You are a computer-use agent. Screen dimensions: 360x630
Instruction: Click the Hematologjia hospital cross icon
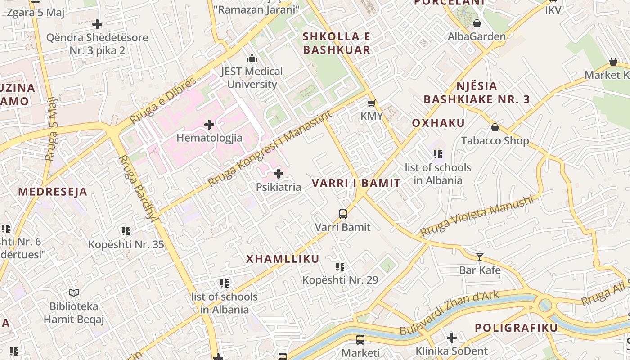click(209, 124)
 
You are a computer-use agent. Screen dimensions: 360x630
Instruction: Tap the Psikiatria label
click(279, 187)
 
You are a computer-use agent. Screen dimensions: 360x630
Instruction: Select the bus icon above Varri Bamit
click(343, 214)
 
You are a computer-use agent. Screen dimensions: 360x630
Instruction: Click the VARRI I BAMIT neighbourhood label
click(356, 183)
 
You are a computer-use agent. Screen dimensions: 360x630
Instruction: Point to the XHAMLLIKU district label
click(283, 259)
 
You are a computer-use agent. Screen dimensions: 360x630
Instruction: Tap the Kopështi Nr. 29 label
click(340, 280)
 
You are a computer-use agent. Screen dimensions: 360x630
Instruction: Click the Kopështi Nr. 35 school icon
click(126, 231)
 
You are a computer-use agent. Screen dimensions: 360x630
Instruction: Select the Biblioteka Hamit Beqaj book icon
click(74, 293)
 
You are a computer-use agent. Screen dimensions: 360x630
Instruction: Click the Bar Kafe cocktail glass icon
click(480, 257)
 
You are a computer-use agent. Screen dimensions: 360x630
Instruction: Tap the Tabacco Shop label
click(495, 141)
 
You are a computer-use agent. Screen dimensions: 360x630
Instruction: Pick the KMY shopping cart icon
click(372, 103)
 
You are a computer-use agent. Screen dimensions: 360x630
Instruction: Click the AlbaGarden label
click(477, 36)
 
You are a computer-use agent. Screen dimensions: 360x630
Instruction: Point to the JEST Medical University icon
click(252, 58)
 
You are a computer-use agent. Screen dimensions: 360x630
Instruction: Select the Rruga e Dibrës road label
click(163, 100)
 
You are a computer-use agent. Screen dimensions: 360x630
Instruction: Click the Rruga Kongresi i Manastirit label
click(270, 148)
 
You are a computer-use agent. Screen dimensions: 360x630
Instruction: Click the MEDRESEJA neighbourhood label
click(53, 192)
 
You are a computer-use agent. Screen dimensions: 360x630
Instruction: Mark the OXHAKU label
click(438, 123)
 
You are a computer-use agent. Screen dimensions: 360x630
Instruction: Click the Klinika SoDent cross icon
click(452, 338)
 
